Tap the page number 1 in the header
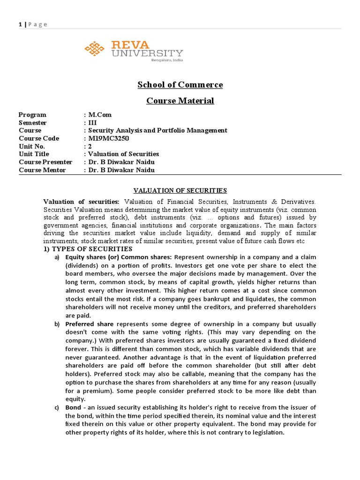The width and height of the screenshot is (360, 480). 19,24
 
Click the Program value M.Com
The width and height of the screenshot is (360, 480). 99,115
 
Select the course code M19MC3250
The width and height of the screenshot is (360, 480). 107,138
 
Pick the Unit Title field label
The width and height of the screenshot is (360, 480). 34,154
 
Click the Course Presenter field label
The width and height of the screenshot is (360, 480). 45,162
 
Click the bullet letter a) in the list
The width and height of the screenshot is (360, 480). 57,257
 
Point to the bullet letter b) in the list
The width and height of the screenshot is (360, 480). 57,324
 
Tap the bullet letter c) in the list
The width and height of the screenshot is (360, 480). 57,407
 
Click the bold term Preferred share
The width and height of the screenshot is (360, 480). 90,324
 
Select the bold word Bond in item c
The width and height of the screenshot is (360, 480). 73,407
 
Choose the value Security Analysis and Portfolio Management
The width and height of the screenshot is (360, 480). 157,130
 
